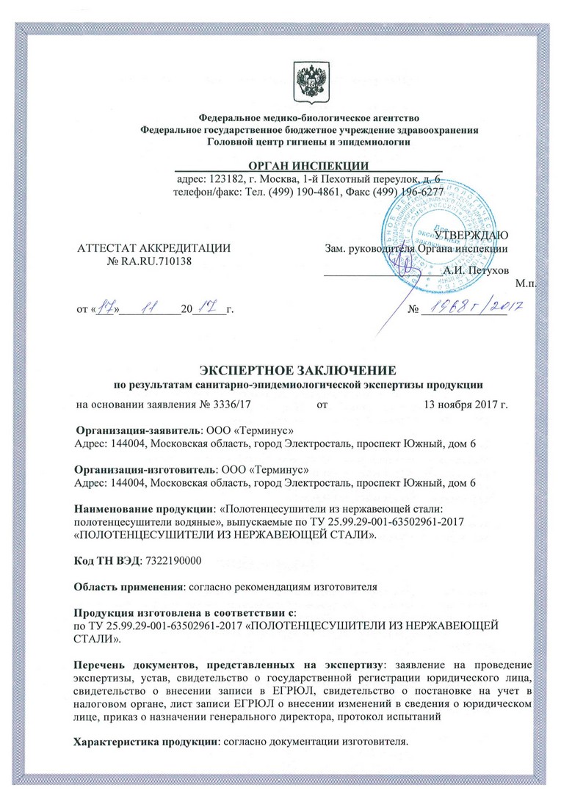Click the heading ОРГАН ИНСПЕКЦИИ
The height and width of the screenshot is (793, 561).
(x=308, y=165)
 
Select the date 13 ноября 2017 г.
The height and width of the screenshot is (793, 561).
(x=466, y=404)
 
